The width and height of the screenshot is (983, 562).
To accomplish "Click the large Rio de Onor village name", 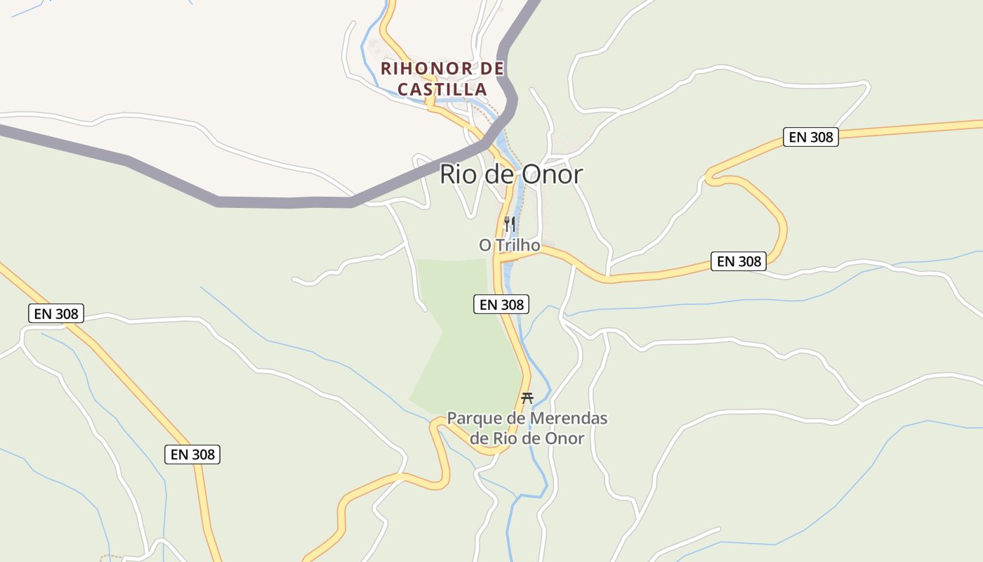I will (511, 174).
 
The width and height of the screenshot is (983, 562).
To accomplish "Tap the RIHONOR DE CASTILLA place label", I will (442, 79).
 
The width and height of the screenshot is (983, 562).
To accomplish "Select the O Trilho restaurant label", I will (509, 245).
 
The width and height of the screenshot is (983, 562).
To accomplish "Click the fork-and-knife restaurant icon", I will (510, 224).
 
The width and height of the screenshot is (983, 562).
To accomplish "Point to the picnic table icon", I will (527, 398).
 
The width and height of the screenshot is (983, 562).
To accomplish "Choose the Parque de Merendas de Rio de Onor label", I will (527, 428).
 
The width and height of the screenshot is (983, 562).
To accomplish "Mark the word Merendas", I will (569, 419).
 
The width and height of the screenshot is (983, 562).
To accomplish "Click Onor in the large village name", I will (551, 174).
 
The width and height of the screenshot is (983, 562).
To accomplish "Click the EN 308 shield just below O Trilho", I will (501, 304).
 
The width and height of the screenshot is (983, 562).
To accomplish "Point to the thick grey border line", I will (281, 202).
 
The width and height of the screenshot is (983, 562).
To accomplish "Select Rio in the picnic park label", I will (506, 438).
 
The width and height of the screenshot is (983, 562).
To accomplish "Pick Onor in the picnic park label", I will (566, 438).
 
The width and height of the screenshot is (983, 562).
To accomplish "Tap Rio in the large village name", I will (458, 174).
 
